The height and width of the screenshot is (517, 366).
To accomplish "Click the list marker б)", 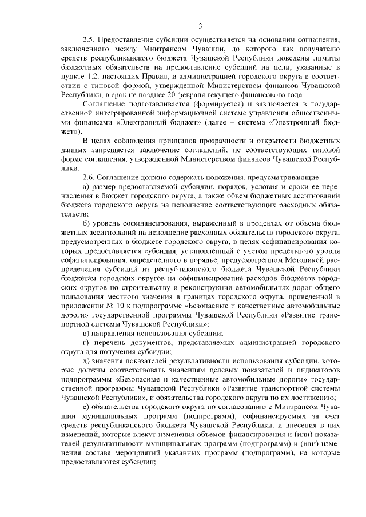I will tap(86, 225).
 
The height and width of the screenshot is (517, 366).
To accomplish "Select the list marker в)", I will tap(86, 333).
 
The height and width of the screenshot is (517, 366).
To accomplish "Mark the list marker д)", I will tap(86, 362).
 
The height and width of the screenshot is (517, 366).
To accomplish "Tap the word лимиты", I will tap(327, 58).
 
